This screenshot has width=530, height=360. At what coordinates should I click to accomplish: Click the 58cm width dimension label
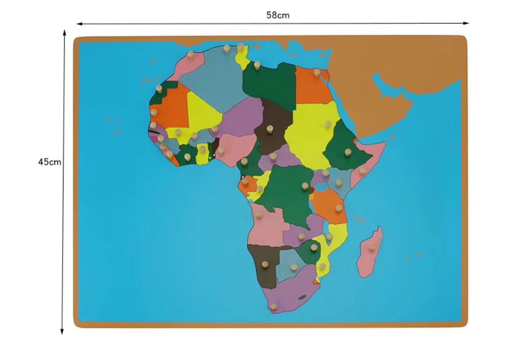tap(278, 15)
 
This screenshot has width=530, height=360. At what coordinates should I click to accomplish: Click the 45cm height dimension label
tap(49, 162)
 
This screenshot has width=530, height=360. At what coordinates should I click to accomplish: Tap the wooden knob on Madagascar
tap(372, 247)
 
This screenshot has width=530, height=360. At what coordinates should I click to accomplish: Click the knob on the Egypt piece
tap(317, 72)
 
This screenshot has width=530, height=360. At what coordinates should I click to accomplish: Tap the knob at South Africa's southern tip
tap(274, 307)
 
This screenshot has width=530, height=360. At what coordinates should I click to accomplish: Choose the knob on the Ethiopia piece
tap(348, 152)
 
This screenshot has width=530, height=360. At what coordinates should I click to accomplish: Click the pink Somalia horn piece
tap(369, 163)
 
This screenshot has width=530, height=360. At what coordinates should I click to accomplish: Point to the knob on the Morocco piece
tap(191, 55)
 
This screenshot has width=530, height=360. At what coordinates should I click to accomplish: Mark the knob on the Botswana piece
tap(294, 267)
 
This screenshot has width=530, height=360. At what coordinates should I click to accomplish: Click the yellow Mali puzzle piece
tap(202, 111)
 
